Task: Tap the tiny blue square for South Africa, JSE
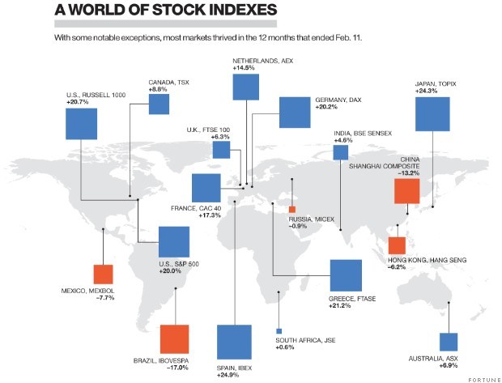279,331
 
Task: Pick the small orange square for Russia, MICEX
292,210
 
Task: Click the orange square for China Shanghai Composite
406,191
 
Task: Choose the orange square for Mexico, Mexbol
103,274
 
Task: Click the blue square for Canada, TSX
159,104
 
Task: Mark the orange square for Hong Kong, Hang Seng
397,246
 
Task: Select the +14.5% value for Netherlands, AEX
244,69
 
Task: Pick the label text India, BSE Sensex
364,133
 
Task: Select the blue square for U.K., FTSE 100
221,151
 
